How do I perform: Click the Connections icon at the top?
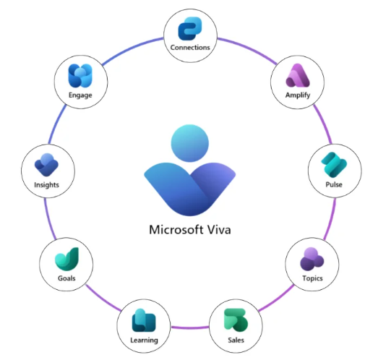coord(190,28)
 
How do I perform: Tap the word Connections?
coord(190,48)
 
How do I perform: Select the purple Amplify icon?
coord(298,75)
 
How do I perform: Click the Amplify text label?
coord(298,95)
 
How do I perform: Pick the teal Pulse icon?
coord(334,165)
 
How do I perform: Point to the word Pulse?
coord(334,184)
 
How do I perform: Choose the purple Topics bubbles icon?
coord(312,259)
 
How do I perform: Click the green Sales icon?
coord(236,320)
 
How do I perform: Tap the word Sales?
coord(236,340)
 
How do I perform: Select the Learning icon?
coord(144,320)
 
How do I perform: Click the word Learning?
coord(144,340)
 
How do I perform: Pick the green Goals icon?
coord(66,259)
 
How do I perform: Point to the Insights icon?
coord(46,165)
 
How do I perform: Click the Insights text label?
coord(46,185)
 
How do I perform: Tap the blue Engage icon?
coord(80,75)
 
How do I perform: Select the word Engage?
coord(80,95)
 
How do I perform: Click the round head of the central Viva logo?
coord(190,143)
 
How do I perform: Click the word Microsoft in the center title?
coord(176,229)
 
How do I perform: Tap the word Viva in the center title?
coord(219,229)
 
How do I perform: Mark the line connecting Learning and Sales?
coord(190,327)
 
